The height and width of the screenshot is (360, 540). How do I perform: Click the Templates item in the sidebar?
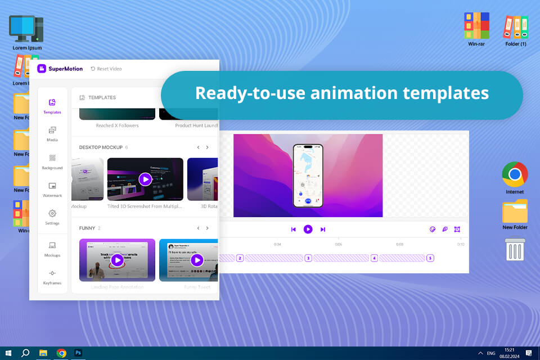coord(52,105)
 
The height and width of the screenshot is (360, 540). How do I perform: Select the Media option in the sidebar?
coord(52,133)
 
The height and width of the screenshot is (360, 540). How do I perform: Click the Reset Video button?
coord(106,69)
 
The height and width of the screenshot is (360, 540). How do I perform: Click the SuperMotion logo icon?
coord(42,69)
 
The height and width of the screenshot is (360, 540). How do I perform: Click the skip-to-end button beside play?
coord(323,229)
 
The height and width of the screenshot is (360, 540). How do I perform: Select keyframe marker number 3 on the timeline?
coord(308,258)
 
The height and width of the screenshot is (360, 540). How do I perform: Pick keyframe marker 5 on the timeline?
coord(430,258)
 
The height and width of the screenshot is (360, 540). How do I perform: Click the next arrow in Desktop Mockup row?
coord(207,147)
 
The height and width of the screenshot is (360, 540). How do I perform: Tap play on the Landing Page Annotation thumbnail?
coord(117,260)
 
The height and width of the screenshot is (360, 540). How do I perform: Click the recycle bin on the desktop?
coord(515,249)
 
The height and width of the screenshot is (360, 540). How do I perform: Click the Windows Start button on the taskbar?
coord(8,353)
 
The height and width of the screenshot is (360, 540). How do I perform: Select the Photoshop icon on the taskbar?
coord(79,353)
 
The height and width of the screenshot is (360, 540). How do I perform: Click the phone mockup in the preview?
coord(308,175)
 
